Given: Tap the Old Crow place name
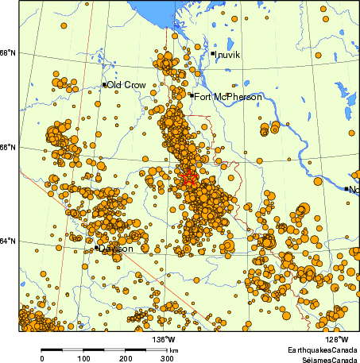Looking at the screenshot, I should (x=126, y=85).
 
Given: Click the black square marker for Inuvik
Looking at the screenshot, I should (x=213, y=53).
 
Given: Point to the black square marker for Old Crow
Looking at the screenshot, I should (x=104, y=84).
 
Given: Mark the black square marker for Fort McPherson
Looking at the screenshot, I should (x=192, y=95).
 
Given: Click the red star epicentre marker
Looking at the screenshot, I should (x=188, y=177).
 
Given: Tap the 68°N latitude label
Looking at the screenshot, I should (x=9, y=53).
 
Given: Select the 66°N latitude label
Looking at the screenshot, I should (x=9, y=147).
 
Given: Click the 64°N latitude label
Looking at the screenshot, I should (x=9, y=241).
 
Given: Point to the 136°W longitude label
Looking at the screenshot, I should (x=165, y=338).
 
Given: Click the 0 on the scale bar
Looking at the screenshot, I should (x=42, y=358).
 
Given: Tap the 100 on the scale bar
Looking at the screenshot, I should (x=83, y=358).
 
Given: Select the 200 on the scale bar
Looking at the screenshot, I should (x=126, y=358).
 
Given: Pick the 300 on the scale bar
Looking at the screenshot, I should (x=168, y=358).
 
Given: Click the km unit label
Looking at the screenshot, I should (x=173, y=349).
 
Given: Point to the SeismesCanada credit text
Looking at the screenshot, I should (x=325, y=359).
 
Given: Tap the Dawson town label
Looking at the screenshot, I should (x=116, y=249).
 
